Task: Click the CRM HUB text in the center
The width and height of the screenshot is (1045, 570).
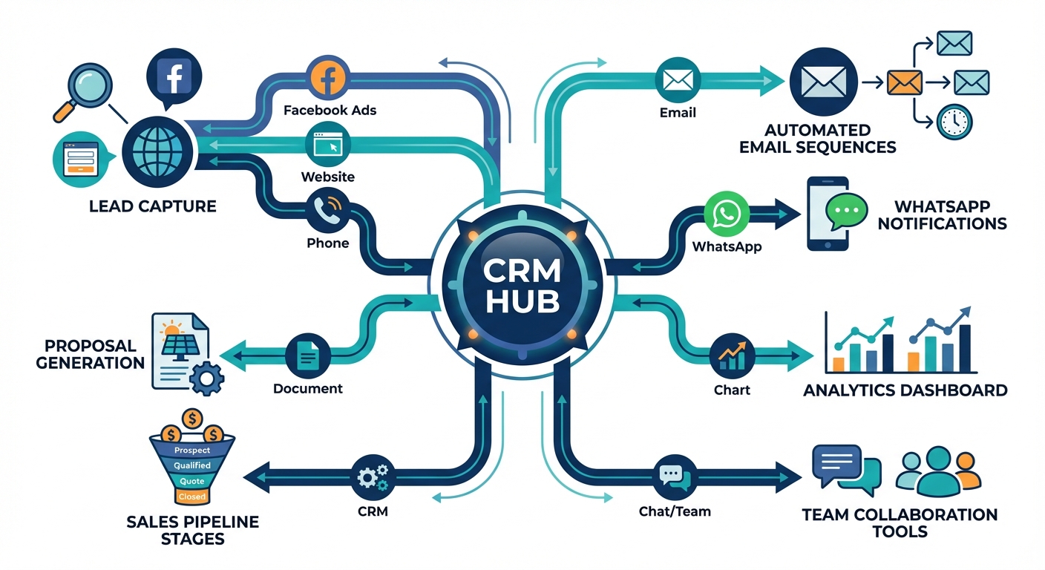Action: [522, 286]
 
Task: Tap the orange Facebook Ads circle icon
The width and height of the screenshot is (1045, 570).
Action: [328, 79]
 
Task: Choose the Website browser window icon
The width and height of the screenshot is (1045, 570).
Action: [327, 145]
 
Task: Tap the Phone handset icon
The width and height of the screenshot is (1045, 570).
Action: [327, 212]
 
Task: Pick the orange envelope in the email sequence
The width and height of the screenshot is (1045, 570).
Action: [903, 81]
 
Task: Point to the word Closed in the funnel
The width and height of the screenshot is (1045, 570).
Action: [191, 496]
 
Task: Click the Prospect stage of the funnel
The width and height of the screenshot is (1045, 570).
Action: [191, 450]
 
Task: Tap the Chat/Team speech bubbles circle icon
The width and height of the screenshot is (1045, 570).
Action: [674, 476]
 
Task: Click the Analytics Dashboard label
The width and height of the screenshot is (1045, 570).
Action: [905, 390]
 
